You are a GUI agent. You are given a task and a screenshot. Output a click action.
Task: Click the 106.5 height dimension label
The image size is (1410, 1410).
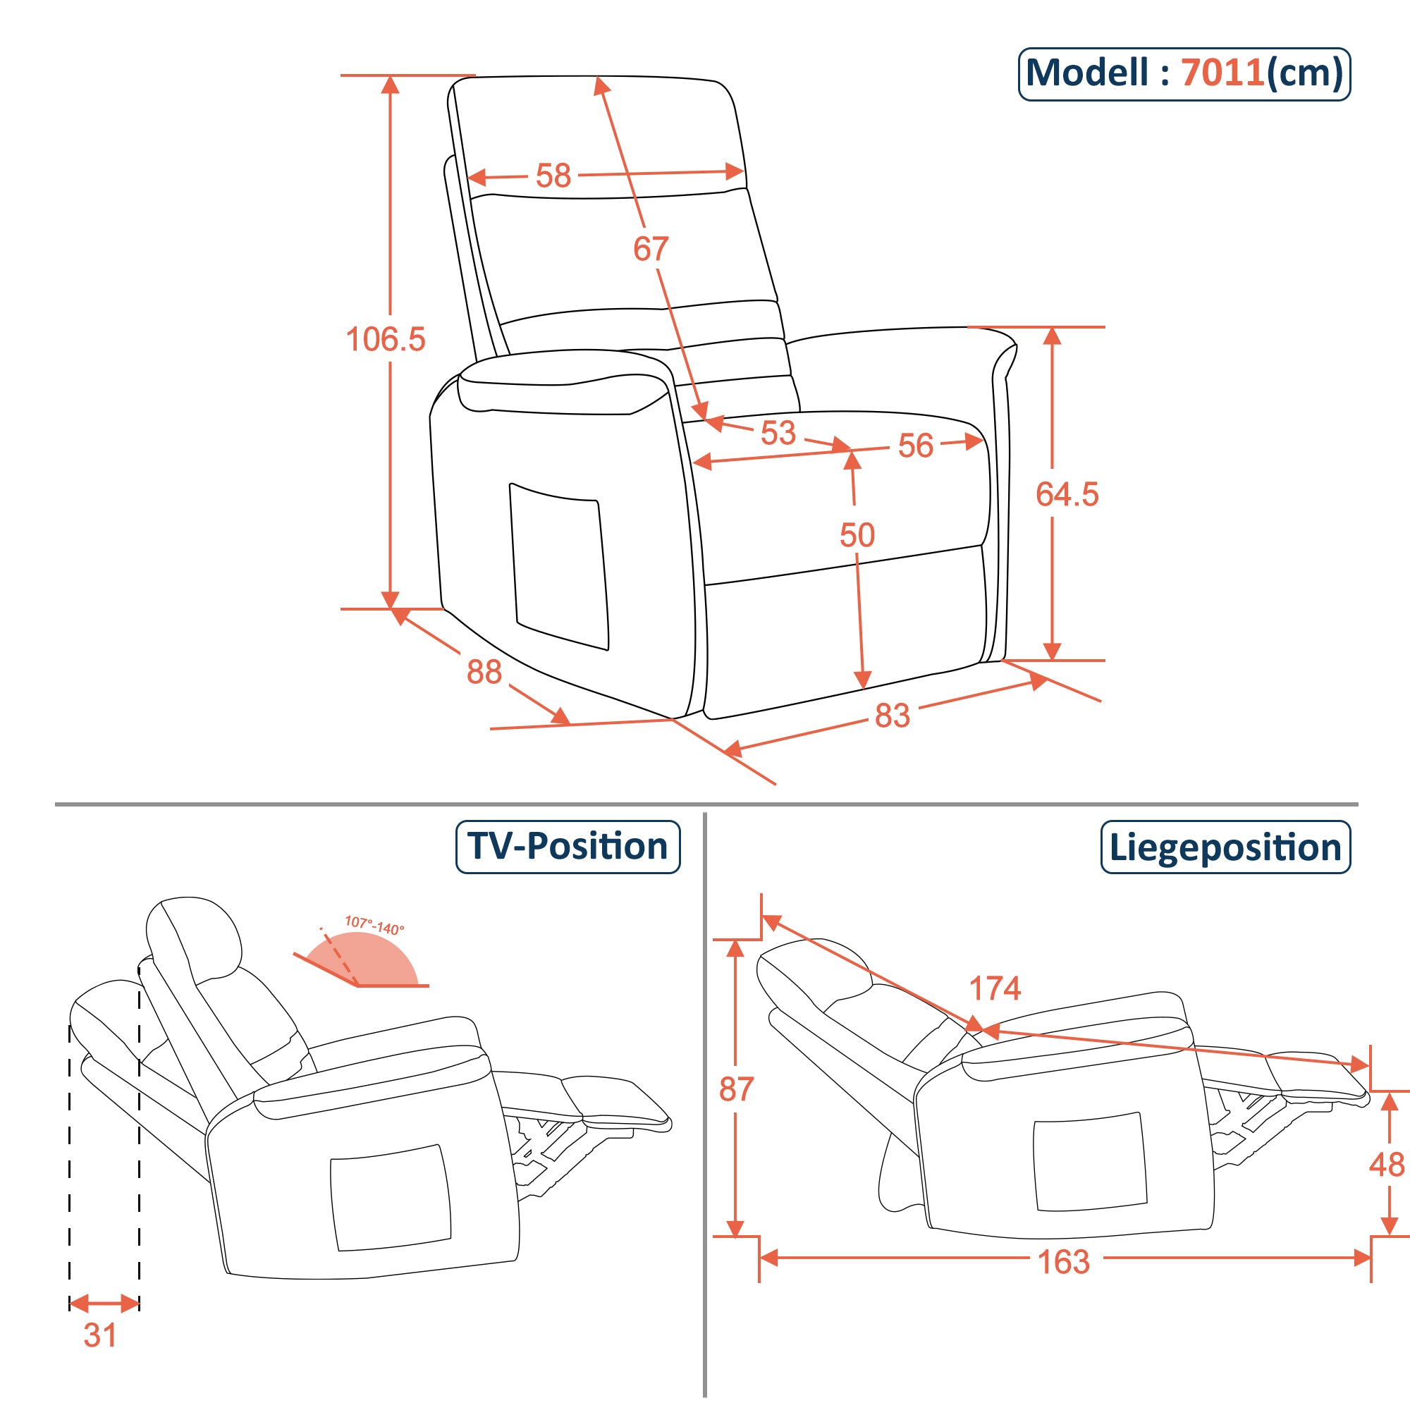pos(385,339)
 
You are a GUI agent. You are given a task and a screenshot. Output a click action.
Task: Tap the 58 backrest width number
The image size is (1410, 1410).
pos(553,176)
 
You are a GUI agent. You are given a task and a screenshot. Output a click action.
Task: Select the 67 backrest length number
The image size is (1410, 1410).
pos(650,249)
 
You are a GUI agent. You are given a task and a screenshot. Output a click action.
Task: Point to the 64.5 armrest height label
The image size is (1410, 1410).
pos(1066,494)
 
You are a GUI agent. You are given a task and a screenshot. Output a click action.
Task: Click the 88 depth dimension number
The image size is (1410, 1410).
pos(484,672)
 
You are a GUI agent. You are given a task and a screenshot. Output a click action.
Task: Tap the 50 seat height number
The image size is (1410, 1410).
pos(856,535)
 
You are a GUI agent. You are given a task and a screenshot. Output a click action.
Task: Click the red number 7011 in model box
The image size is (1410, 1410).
pos(1222,73)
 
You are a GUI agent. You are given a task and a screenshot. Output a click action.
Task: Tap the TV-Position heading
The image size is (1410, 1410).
pos(568,847)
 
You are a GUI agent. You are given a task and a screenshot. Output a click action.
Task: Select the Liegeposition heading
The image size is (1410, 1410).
pos(1225,847)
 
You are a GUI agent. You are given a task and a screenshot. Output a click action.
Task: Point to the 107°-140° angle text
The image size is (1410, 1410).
pos(374,926)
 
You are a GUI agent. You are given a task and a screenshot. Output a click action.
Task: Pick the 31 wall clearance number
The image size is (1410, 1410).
pos(100,1335)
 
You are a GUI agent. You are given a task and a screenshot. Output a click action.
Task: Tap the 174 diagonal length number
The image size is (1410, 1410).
pos(994,989)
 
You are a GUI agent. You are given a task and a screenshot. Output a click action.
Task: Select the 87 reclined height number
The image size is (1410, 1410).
pos(735,1090)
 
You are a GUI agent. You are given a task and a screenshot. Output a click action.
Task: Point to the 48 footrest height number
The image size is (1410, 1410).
pos(1386,1165)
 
